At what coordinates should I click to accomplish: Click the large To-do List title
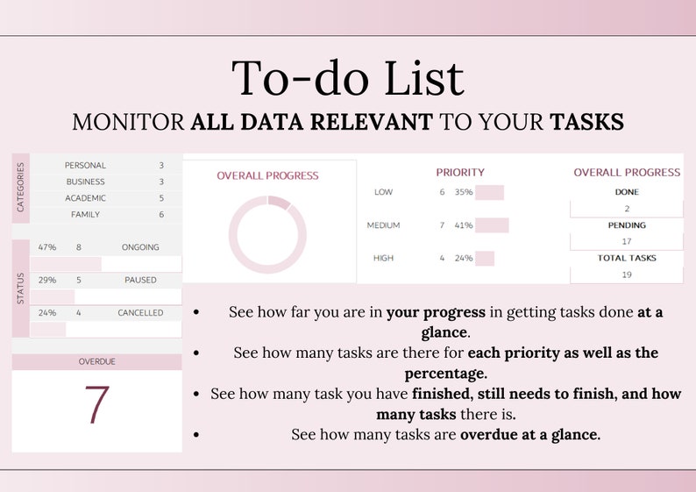[x=347, y=79]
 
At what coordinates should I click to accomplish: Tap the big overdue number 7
[x=96, y=405]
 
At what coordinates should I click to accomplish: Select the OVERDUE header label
[x=96, y=361]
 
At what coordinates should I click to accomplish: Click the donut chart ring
[x=267, y=235]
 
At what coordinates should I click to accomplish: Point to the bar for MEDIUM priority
[x=491, y=225]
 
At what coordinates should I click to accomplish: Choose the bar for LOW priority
[x=489, y=193]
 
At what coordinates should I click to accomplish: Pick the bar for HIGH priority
[x=485, y=258]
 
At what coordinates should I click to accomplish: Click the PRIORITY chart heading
[x=460, y=173]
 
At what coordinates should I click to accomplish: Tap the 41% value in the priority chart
[x=464, y=225]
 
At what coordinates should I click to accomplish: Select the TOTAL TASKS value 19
[x=627, y=275]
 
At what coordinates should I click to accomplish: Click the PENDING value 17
[x=627, y=241]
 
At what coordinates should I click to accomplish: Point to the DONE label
[x=627, y=192]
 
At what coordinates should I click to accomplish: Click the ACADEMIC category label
[x=85, y=198]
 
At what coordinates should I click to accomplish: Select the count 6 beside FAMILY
[x=161, y=215]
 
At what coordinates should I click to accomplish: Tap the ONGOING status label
[x=140, y=247]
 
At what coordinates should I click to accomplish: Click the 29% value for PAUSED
[x=47, y=281]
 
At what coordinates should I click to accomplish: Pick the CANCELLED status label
[x=140, y=313]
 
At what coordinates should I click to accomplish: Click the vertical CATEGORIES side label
[x=21, y=187]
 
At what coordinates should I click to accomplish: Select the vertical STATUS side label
[x=21, y=289]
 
